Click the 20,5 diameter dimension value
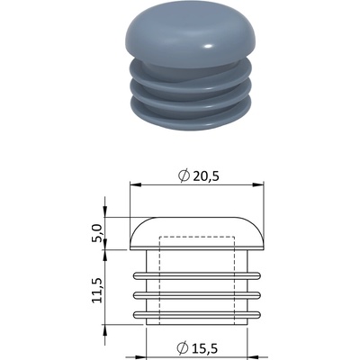coord(206,176)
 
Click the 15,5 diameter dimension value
coord(204,348)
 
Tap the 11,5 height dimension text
coord(98,290)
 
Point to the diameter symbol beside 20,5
coord(184,176)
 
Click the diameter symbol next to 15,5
coord(182,348)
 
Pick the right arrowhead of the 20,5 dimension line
coord(257,184)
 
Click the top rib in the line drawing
coord(197,276)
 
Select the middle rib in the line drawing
coord(197,295)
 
